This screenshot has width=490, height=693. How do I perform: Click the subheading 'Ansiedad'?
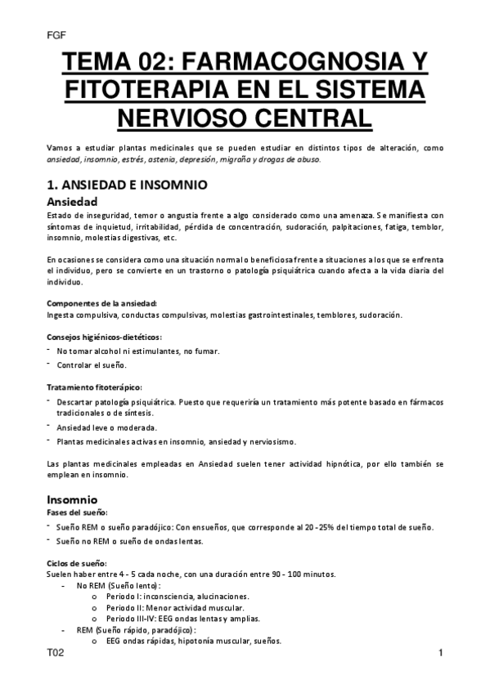[x=72, y=201]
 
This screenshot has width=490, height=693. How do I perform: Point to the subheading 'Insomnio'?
[x=72, y=499]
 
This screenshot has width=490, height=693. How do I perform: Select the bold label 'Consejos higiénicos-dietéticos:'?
[x=104, y=337]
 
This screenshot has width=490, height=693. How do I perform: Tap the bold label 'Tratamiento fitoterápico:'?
[x=94, y=386]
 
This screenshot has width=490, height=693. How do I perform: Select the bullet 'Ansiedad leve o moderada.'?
[x=106, y=427]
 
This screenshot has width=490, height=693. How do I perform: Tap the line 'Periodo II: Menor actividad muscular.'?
[x=175, y=608]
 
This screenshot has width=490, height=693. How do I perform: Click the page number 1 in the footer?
[x=440, y=654]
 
